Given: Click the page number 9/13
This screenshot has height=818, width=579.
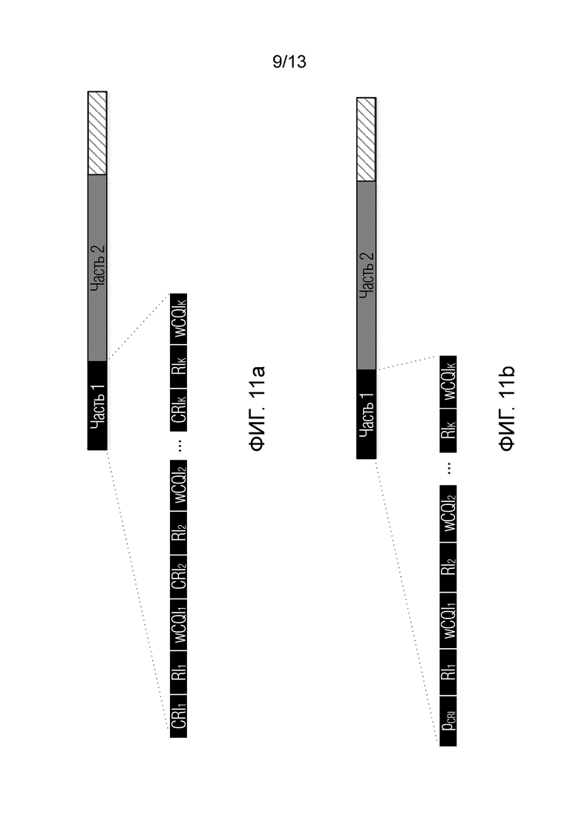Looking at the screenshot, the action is (x=289, y=62).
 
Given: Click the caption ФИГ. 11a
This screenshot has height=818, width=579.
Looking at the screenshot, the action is (x=258, y=408).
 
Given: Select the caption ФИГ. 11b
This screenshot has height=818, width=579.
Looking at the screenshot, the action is (x=506, y=408).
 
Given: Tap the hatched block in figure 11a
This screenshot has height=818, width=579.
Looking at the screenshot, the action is (x=97, y=133).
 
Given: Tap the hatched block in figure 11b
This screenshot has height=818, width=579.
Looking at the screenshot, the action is (x=367, y=139).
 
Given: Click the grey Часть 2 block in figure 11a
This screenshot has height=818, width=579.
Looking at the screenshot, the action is (x=97, y=268).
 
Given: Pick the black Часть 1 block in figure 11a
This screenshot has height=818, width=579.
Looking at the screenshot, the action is (x=97, y=406).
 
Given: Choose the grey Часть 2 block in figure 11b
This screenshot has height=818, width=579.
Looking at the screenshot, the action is (x=367, y=275).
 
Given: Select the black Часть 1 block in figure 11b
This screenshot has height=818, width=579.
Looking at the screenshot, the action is (x=367, y=415).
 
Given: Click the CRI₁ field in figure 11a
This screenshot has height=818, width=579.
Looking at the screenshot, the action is (x=179, y=716).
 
